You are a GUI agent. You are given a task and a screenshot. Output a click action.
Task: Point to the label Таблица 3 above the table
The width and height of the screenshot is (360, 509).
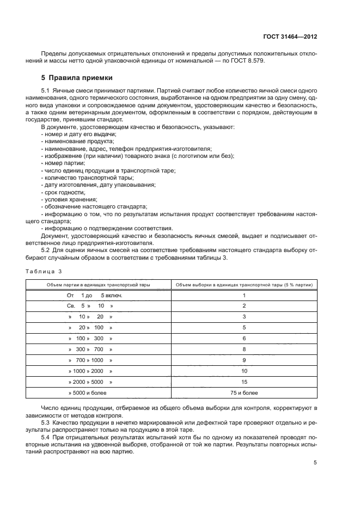tap(44, 271)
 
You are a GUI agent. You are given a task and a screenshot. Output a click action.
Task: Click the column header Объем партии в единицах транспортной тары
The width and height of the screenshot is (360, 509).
tap(97, 285)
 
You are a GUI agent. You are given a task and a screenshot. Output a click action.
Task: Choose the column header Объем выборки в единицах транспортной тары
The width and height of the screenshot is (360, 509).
tap(244, 285)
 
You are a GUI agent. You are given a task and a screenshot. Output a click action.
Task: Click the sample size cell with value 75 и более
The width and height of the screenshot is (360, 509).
tap(244, 393)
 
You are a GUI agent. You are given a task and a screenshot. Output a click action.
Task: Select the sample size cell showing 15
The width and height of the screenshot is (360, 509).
tap(244, 382)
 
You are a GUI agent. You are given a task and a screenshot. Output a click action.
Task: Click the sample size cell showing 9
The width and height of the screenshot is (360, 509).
tap(244, 360)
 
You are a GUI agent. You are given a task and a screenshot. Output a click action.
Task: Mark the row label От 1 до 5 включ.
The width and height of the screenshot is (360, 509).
tap(94, 295)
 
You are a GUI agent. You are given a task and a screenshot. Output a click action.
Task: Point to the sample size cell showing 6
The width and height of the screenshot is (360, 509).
tap(244, 338)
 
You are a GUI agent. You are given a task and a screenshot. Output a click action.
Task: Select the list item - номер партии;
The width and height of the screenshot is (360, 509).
tap(63, 163)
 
